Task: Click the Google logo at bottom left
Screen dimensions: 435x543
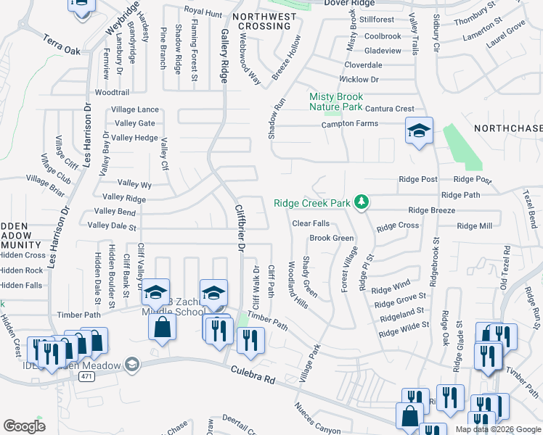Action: [24, 426]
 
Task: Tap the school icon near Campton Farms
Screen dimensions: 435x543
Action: [419, 131]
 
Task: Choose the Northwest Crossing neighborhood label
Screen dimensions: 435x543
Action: [264, 21]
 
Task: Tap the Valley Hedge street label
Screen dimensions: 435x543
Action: [135, 138]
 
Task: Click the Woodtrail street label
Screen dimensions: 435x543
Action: [112, 93]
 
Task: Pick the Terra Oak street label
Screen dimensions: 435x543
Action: [61, 45]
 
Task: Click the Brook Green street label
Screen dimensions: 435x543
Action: [332, 239]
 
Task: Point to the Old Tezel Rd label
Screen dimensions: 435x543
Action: [505, 273]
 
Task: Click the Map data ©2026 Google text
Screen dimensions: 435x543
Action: [497, 428]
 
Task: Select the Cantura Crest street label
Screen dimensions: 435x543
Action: [389, 109]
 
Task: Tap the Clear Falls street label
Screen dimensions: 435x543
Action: [311, 223]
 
